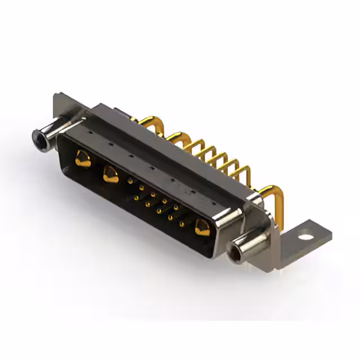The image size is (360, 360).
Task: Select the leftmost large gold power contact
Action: (x=82, y=159)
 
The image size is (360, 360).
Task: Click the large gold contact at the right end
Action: (x=201, y=228)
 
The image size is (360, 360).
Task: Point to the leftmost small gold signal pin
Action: (x=130, y=181)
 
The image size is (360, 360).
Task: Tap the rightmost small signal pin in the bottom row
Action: (x=182, y=224)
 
